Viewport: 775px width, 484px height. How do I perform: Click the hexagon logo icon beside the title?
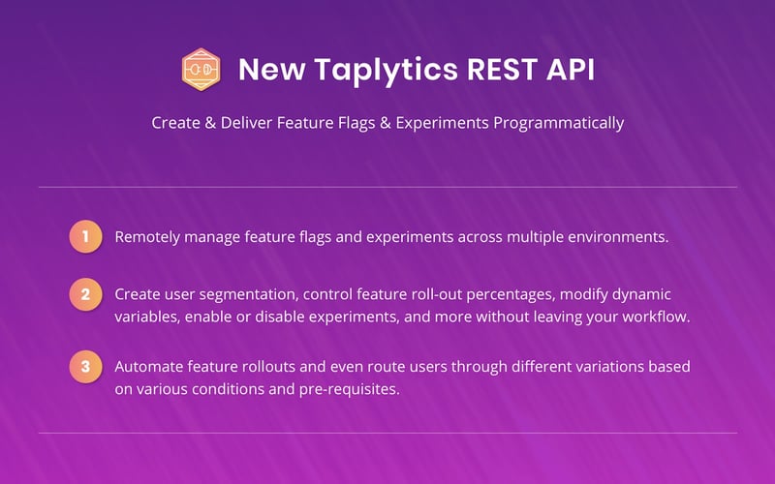[201, 70]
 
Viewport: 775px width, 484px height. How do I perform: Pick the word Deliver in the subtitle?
[241, 124]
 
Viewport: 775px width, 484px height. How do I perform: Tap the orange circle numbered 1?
[85, 236]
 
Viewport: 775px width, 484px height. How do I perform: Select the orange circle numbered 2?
[85, 294]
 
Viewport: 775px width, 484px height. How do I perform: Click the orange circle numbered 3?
[85, 367]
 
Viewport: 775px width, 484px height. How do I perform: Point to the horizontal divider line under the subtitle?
[387, 187]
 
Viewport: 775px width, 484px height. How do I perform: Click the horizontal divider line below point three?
[387, 433]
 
